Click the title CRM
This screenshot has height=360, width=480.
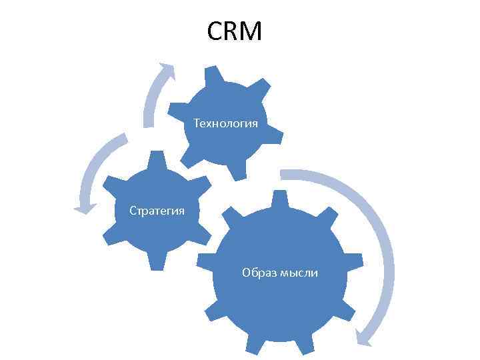(235, 31)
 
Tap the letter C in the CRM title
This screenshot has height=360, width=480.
(215, 31)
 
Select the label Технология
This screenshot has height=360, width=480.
(225, 123)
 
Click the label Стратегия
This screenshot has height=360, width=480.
(157, 211)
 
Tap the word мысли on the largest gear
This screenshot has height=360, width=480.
(299, 273)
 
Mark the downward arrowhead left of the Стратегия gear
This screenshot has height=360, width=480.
(84, 209)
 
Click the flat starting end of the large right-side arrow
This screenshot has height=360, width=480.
(283, 175)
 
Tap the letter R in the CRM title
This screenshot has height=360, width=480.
(233, 31)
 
